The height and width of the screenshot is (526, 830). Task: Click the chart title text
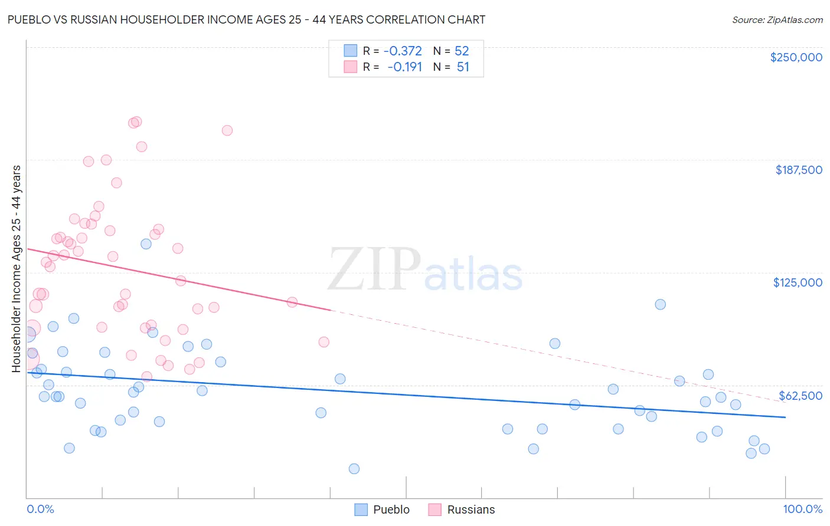[x=246, y=19]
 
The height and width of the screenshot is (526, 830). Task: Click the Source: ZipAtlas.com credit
[x=777, y=19]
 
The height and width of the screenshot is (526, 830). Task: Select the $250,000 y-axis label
[x=796, y=57]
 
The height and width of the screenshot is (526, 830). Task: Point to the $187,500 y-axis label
[x=798, y=170]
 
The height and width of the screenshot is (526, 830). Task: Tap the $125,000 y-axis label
[x=798, y=282]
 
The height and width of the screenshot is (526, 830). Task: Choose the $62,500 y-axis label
[x=800, y=396]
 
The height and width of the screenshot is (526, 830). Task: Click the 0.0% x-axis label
[x=40, y=509]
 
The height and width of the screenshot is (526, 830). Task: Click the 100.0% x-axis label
[x=802, y=509]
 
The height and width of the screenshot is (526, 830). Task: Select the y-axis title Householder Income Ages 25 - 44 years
[x=17, y=269]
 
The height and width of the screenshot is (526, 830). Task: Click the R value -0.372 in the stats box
[x=403, y=51]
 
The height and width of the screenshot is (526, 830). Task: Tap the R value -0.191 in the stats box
[x=404, y=67]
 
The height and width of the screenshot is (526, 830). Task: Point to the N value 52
[x=462, y=51]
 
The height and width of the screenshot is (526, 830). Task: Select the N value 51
[x=463, y=67]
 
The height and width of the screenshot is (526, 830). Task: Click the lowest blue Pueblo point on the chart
[x=354, y=469]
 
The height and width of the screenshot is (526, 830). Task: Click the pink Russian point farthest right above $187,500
[x=227, y=130]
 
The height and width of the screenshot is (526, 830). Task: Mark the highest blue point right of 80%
[x=661, y=304]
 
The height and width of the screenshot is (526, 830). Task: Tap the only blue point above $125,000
[x=146, y=244]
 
